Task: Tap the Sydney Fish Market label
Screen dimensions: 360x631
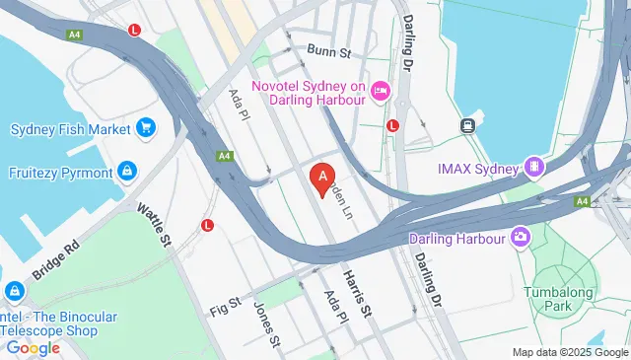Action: coord(71,129)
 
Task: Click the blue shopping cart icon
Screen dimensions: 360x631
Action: coord(146,128)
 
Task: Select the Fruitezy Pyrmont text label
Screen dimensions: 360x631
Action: coord(62,173)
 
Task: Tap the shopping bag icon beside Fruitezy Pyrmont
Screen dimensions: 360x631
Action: coord(127,173)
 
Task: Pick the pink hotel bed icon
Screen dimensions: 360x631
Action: coord(381,92)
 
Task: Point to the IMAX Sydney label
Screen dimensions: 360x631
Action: coord(478,169)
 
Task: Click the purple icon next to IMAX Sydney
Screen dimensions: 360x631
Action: coord(534,168)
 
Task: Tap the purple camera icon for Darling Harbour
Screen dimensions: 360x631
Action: coord(521,237)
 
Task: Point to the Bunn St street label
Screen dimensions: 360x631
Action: coord(328,51)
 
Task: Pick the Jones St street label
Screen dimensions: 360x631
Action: coord(265,324)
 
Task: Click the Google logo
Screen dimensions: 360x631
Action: coord(34,347)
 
